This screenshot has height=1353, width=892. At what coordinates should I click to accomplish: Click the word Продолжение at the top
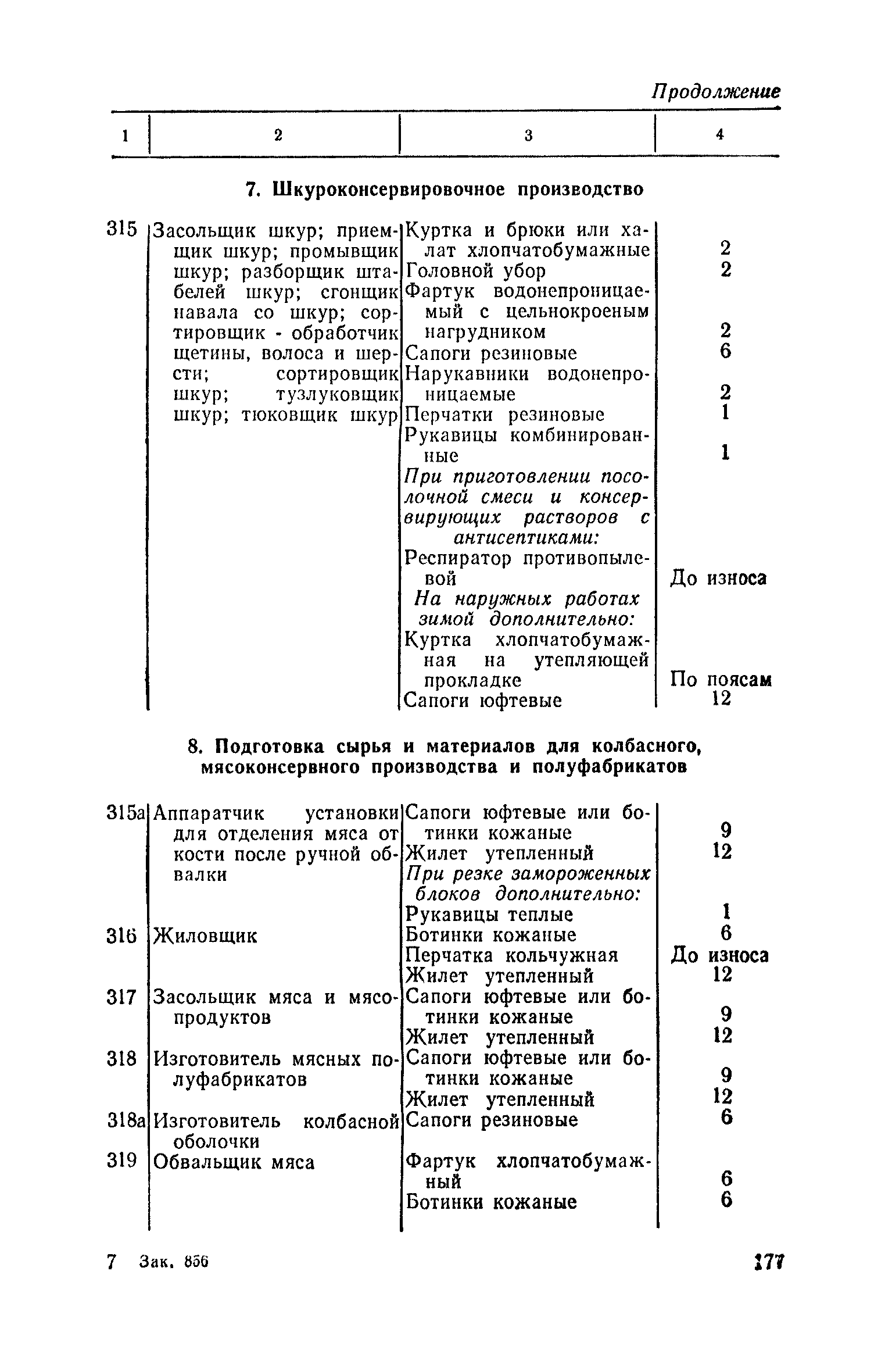click(x=715, y=92)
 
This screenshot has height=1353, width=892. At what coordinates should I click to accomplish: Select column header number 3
click(x=528, y=135)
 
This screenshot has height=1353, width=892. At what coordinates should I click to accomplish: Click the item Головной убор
click(x=475, y=271)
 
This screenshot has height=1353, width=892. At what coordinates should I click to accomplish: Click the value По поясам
click(x=721, y=679)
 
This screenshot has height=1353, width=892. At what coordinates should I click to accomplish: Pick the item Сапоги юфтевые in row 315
click(x=482, y=701)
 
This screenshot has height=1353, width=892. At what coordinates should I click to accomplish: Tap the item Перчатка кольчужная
click(x=511, y=955)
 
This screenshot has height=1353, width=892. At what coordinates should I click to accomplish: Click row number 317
click(x=121, y=998)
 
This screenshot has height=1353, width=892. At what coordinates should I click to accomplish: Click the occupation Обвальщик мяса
click(x=234, y=1162)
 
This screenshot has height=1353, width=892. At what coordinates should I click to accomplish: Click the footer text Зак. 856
click(x=174, y=1262)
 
